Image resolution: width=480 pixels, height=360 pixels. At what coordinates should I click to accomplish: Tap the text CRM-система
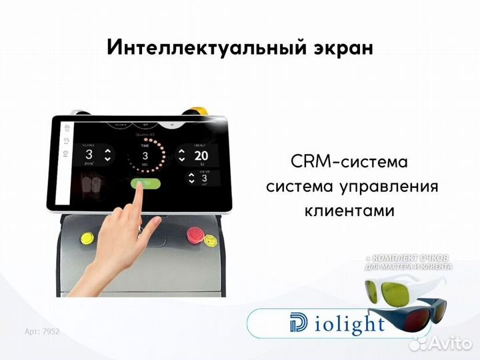pos(349,161)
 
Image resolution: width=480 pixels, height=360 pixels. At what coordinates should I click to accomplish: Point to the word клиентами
pos(349,211)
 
